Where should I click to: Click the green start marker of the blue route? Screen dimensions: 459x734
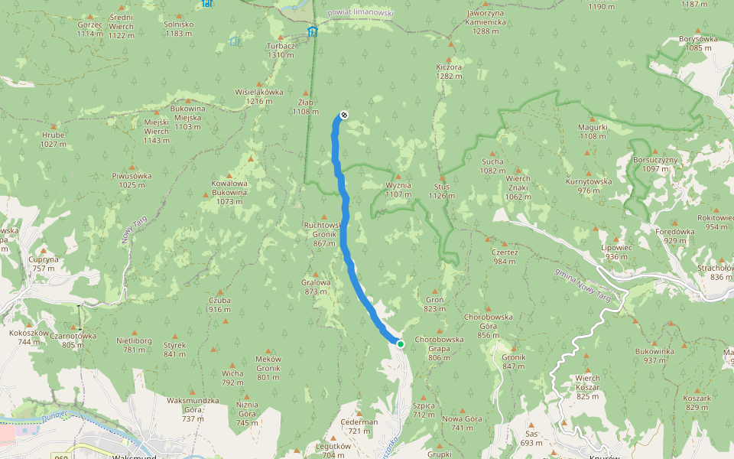(x=400, y=344)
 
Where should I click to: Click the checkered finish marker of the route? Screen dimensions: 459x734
(x=344, y=115)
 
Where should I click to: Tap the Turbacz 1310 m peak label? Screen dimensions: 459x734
(x=281, y=50)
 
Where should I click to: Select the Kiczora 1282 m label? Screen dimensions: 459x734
(x=449, y=71)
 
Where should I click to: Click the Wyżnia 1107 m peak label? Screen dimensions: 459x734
(x=398, y=190)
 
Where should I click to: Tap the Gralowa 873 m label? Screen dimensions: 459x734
(x=316, y=287)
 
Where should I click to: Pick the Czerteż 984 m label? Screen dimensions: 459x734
(x=505, y=256)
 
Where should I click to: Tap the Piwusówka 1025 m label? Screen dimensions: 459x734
(x=132, y=180)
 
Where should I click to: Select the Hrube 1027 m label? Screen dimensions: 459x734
(x=54, y=139)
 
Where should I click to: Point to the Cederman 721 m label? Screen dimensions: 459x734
(x=359, y=426)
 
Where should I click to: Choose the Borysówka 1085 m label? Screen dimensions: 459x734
(x=698, y=43)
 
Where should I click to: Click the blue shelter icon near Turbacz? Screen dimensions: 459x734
(x=312, y=31)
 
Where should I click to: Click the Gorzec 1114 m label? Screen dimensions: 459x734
(x=90, y=29)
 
